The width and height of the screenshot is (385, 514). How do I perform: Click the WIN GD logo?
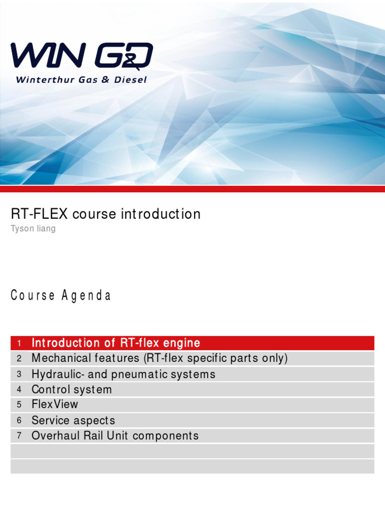82,57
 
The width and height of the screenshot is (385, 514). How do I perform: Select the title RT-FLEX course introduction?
106,214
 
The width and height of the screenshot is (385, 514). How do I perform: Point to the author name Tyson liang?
33,229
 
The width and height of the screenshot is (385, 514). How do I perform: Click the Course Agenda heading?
61,296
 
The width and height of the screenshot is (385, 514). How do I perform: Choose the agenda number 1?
19,343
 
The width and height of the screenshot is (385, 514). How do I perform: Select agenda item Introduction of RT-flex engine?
116,343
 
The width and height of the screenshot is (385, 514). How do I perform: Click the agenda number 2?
19,359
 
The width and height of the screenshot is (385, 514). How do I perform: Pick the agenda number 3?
19,374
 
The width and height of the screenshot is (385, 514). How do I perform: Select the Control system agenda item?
72,390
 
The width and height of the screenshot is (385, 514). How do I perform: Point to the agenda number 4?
19,390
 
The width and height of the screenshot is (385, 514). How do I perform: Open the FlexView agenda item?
55,405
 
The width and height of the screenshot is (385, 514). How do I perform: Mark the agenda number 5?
19,405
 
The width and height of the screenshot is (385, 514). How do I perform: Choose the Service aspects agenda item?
73,421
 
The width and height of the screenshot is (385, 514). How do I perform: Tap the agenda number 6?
19,421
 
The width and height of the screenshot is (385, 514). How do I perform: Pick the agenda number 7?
19,436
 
